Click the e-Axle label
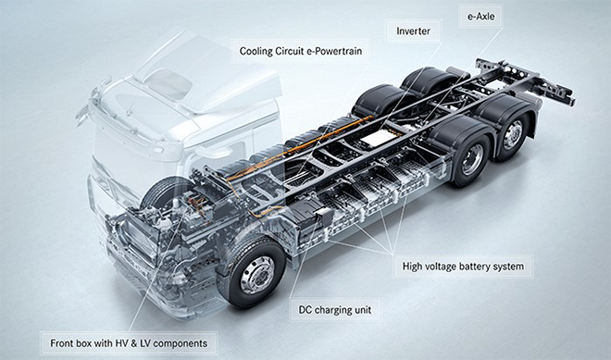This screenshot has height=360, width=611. pyautogui.click(x=480, y=17)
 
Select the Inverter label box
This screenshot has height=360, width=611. pyautogui.click(x=414, y=31)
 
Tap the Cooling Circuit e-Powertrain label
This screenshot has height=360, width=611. pyautogui.click(x=301, y=51)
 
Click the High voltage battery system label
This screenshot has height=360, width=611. pyautogui.click(x=463, y=267)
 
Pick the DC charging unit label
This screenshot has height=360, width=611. pyautogui.click(x=335, y=310)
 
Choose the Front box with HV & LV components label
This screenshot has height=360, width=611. pyautogui.click(x=129, y=343)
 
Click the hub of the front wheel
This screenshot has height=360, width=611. pyautogui.click(x=257, y=274)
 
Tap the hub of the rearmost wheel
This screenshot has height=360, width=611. pyautogui.click(x=513, y=134)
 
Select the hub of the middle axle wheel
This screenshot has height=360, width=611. pyautogui.click(x=471, y=160)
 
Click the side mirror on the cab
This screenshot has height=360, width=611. pyautogui.click(x=82, y=114)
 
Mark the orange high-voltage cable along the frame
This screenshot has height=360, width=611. pyautogui.click(x=300, y=148)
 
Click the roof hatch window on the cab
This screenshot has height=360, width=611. pyautogui.click(x=168, y=84)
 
